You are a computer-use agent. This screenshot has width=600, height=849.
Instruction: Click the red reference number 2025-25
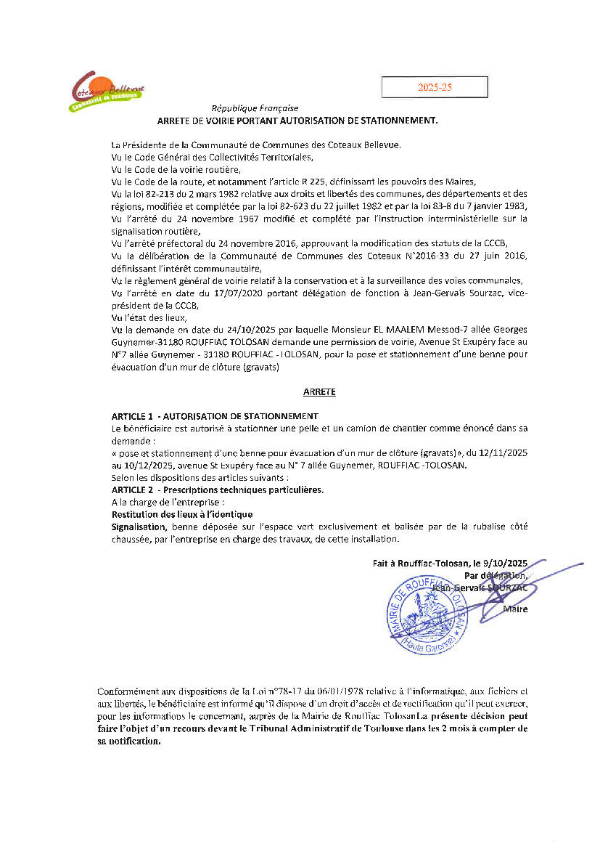[x=435, y=87]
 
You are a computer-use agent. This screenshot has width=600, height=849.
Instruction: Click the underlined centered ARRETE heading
[x=319, y=391]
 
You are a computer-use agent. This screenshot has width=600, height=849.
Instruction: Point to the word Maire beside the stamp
[x=515, y=609]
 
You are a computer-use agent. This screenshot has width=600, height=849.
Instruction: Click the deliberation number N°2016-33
[x=362, y=256]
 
